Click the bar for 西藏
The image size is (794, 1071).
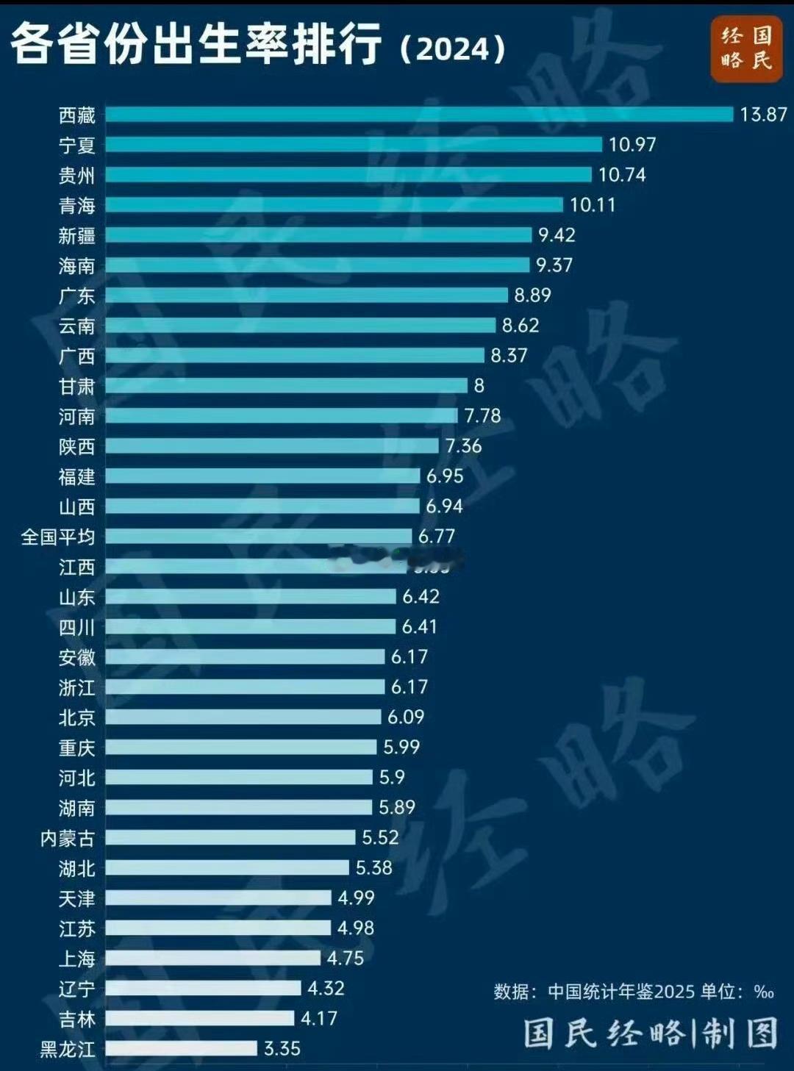(419, 115)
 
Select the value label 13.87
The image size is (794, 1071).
(763, 115)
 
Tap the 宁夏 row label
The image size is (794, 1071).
(77, 145)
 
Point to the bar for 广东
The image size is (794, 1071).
(306, 295)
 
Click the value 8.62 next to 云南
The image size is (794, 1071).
(521, 326)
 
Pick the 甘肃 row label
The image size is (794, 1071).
(77, 386)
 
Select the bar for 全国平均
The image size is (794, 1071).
(258, 537)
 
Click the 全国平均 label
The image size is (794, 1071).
(58, 537)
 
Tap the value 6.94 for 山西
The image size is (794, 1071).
(444, 506)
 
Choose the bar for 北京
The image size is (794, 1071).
(243, 717)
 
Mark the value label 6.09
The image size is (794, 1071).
(406, 717)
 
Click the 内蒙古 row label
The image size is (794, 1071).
(68, 838)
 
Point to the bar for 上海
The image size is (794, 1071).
(212, 959)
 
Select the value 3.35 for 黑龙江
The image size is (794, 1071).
(282, 1049)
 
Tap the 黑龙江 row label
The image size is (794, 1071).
(68, 1049)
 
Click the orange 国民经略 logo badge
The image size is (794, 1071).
(746, 48)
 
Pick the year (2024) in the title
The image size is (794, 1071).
(453, 49)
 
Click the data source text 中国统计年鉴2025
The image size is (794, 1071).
(621, 992)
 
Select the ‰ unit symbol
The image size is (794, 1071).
(764, 992)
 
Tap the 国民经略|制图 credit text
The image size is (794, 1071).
(651, 1034)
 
